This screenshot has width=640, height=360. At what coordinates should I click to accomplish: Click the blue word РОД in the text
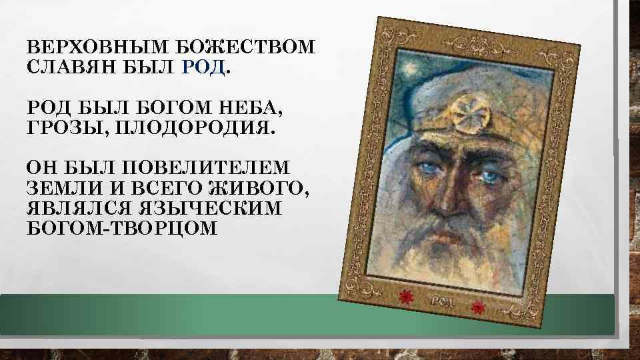pos(203,67)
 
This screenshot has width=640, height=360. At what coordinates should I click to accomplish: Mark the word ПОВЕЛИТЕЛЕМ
pos(211,167)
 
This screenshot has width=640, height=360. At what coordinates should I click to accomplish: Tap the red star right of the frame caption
pos(477,307)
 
